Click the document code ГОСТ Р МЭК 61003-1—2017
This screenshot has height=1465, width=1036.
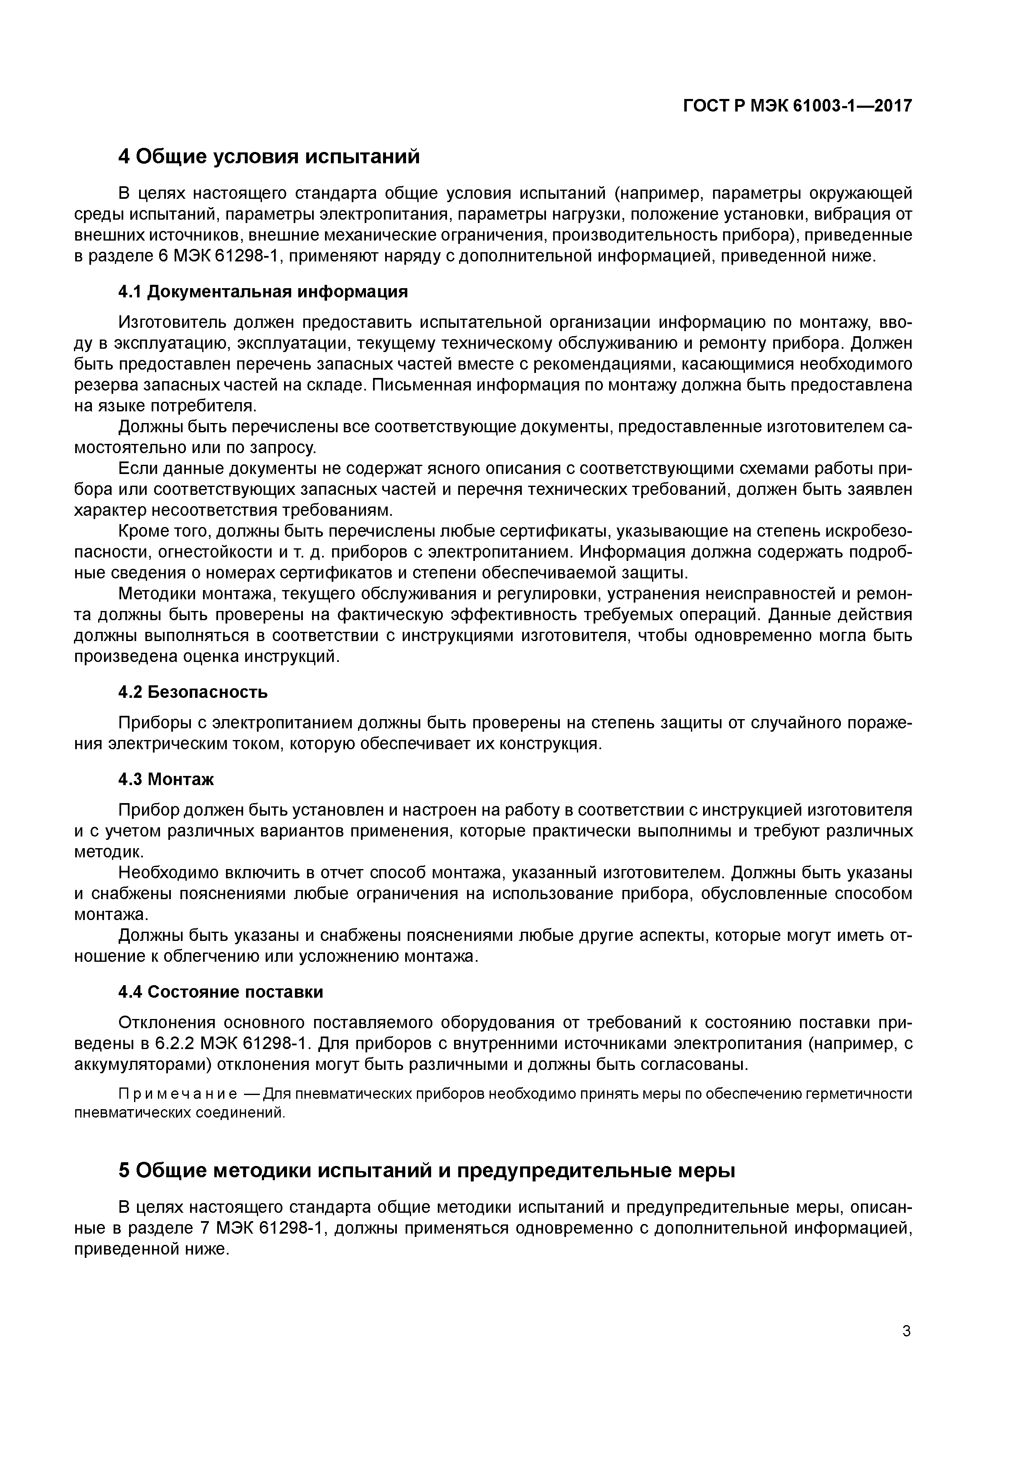point(797,106)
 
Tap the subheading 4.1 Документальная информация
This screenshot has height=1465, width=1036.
point(262,291)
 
